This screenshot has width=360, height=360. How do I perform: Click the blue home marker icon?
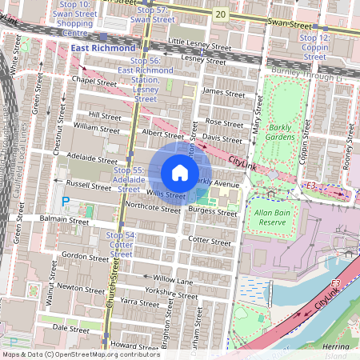[180, 173]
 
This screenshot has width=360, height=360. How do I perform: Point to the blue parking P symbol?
[66, 201]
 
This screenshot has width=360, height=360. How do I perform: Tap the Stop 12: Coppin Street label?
[314, 47]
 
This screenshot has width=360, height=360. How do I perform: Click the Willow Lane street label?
[174, 280]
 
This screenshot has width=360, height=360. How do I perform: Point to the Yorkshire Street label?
[172, 294]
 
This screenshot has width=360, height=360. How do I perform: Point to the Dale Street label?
[70, 328]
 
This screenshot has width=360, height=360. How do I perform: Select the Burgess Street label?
[213, 213]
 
